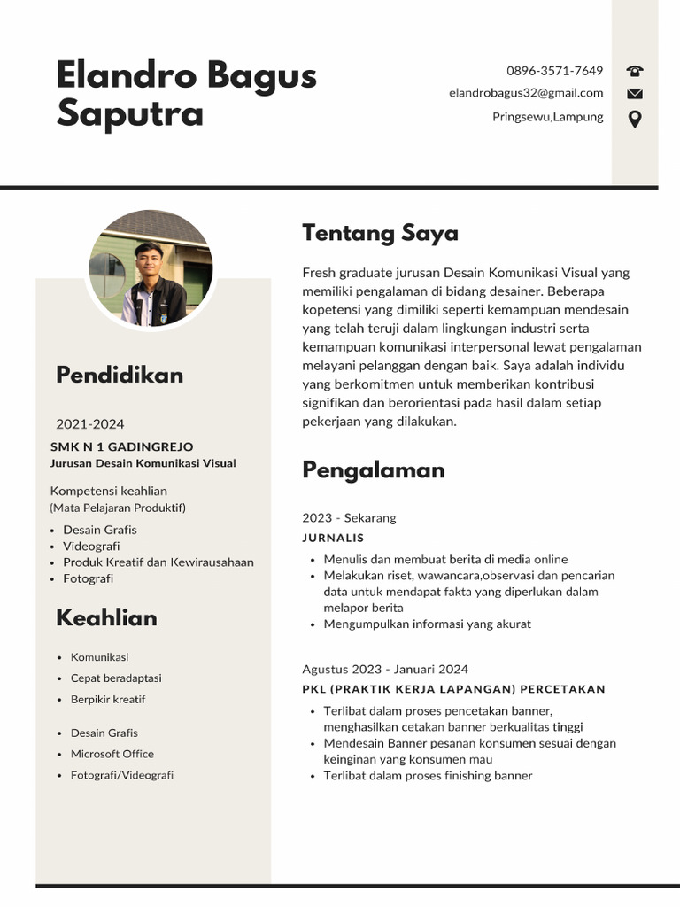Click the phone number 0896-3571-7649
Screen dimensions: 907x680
(554, 71)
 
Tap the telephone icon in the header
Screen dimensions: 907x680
(635, 71)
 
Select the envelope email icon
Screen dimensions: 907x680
(635, 94)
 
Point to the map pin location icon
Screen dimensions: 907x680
(635, 119)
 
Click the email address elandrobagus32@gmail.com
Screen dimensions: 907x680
(526, 93)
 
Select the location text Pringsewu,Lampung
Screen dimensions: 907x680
(547, 117)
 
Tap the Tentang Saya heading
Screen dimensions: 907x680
(380, 233)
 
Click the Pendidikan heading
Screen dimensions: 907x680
(120, 375)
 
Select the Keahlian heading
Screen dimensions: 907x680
(106, 617)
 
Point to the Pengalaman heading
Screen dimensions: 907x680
(373, 469)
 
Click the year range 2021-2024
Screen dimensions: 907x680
(90, 424)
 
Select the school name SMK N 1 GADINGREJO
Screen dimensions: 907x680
(121, 446)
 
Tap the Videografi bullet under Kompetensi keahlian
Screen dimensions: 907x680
(91, 547)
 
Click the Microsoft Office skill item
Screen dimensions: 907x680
(112, 754)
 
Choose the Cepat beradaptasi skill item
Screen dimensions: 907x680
(116, 678)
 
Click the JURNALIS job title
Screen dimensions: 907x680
(333, 538)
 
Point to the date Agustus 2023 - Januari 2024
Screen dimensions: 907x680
(385, 670)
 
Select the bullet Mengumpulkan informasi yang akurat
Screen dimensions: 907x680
(427, 624)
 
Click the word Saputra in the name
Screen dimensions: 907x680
(130, 113)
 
